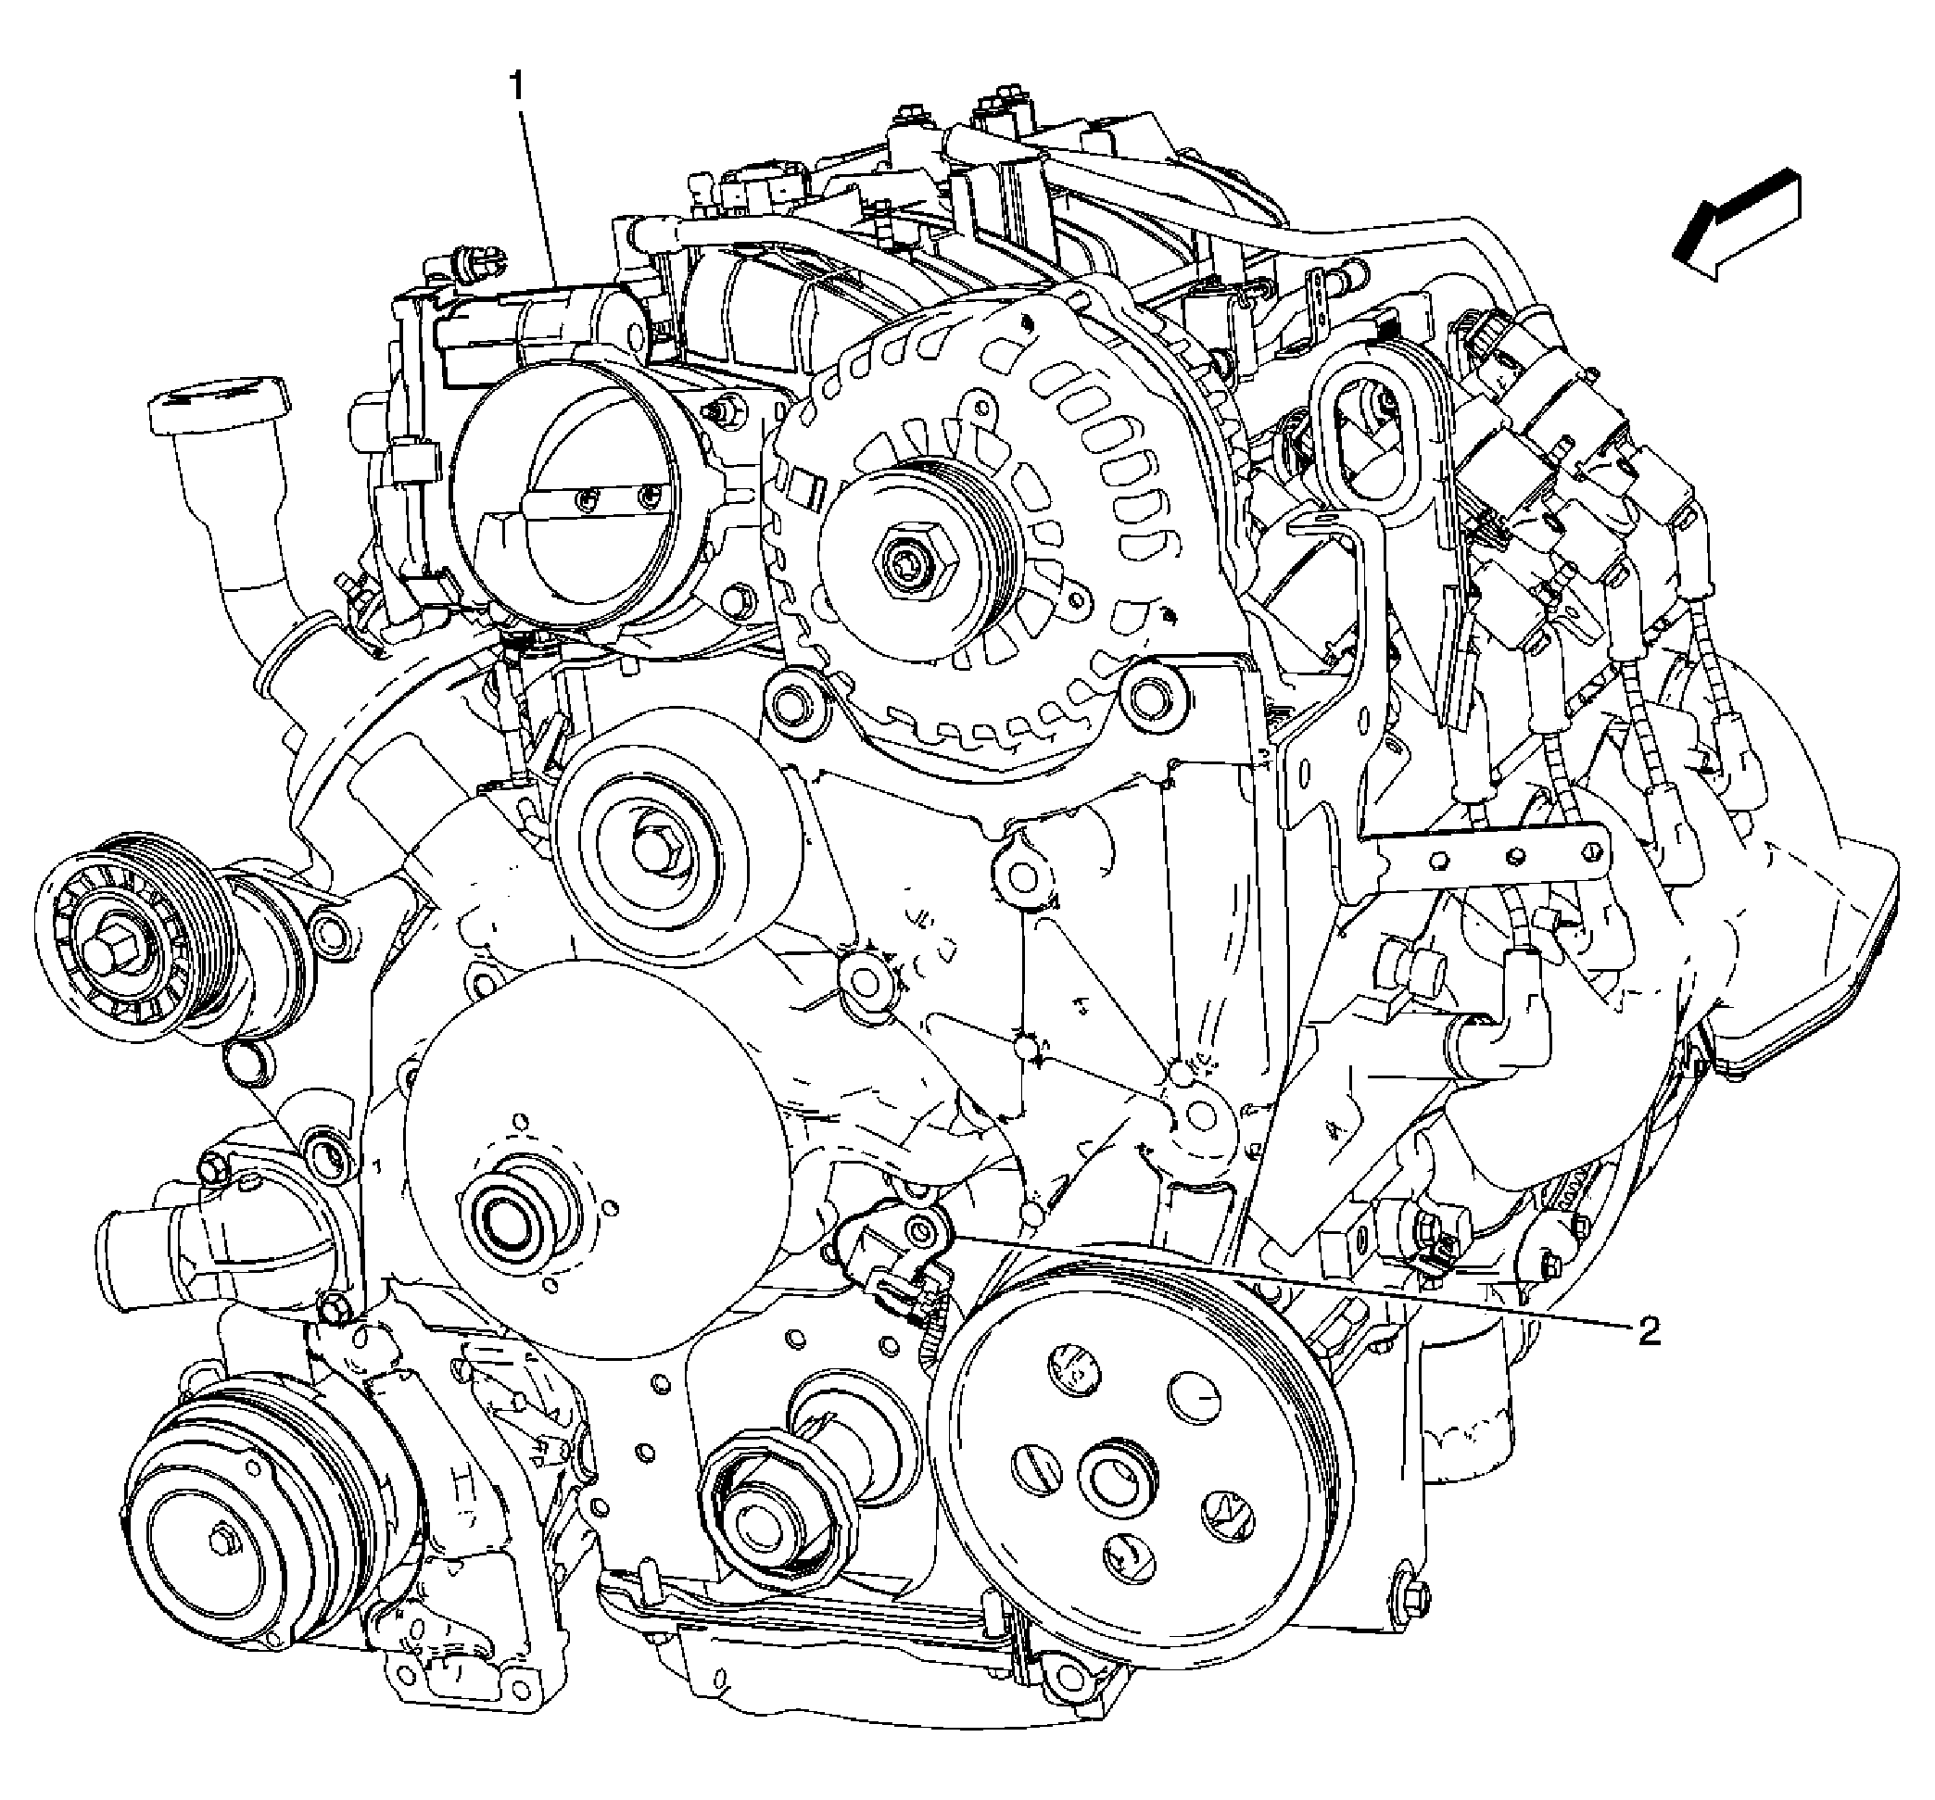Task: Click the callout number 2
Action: click(x=1649, y=1332)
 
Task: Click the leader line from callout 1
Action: click(x=540, y=195)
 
